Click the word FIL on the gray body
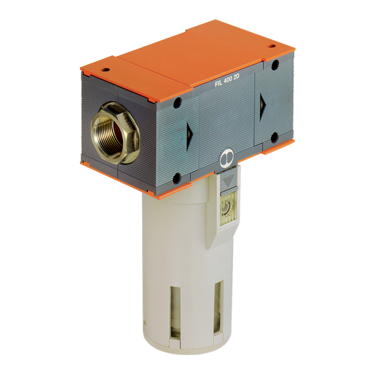218,83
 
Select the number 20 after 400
237,76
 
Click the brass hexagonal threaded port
115,133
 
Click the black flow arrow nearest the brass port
189,135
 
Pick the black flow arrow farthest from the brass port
263,106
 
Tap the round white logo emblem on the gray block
226,159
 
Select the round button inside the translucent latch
226,208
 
